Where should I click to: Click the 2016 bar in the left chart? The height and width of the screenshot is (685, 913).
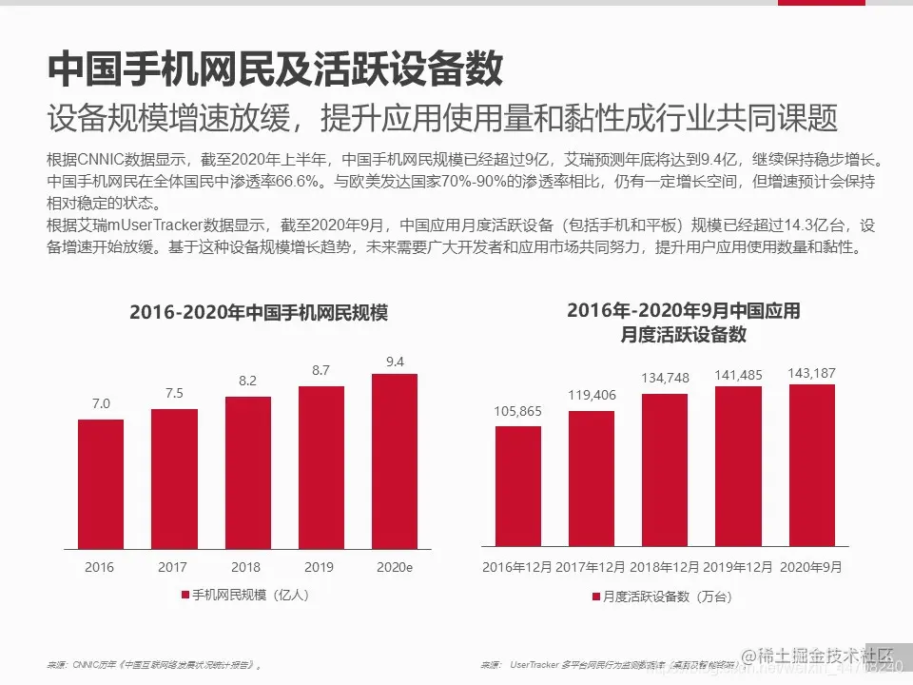100,484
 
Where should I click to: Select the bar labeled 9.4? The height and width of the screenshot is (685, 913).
394,461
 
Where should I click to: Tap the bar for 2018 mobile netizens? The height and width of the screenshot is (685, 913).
247,473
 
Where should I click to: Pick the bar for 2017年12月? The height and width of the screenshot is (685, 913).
591,479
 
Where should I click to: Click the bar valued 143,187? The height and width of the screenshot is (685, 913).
811,465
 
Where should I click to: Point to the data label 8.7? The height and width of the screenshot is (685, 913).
321,369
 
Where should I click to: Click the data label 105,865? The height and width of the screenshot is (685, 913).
517,411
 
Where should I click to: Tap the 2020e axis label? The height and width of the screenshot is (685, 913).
394,567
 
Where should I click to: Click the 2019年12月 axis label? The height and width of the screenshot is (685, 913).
738,567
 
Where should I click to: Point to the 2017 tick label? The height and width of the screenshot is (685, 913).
172,567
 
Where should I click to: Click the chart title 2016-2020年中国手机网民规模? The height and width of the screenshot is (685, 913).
259,313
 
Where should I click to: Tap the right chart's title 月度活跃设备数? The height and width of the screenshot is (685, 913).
683,334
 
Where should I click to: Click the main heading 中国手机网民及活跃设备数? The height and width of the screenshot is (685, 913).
276,68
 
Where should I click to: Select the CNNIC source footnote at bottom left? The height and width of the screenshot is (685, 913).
152,665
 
